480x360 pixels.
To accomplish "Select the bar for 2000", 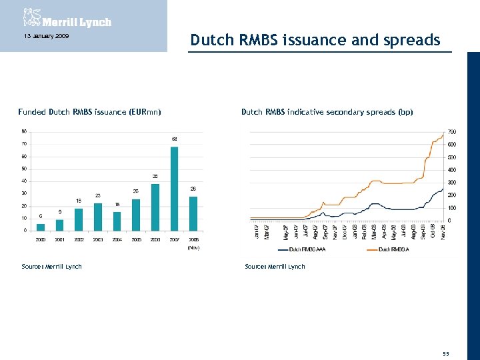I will [41, 227].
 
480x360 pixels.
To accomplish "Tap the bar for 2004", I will [117, 221].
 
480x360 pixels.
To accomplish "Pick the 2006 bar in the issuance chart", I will [155, 207].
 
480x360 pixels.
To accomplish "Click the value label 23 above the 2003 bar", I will [98, 195].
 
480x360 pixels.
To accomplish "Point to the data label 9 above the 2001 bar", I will [60, 212].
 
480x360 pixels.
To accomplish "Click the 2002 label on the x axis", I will [79, 239].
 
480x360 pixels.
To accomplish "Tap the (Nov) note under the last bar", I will [193, 247].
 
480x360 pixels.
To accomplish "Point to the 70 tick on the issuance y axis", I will [24, 143].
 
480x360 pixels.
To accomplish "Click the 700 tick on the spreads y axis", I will [452, 131].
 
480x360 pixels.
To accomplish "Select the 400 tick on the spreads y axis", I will [452, 169].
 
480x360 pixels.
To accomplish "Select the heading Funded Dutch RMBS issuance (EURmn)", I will [89, 112].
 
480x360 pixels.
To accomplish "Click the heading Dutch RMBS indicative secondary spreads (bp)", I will [327, 112].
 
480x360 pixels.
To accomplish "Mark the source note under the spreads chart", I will [275, 267].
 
